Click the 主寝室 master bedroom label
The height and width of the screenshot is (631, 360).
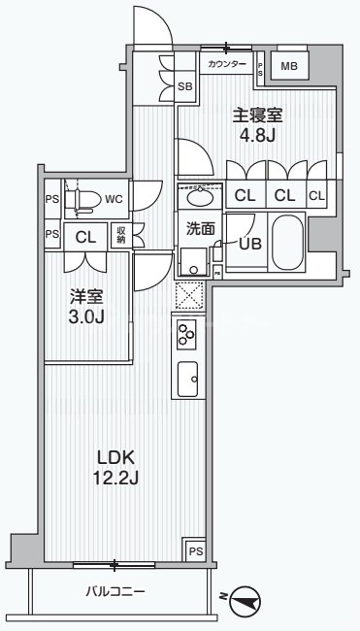point(257,113)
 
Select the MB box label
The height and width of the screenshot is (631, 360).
point(290,66)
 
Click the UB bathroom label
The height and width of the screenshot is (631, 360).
point(249,244)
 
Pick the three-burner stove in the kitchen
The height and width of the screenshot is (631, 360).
point(185,335)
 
